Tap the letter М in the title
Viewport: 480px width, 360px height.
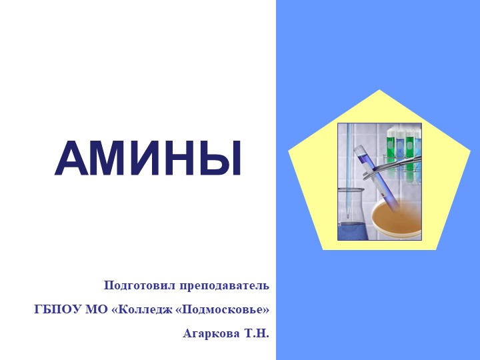(111, 160)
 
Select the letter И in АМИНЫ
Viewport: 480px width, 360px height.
(148, 160)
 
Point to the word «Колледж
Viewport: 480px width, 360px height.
(143, 309)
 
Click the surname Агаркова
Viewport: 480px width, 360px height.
(211, 333)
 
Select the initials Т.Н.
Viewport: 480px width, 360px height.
(255, 333)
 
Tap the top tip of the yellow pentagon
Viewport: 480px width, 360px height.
(379, 91)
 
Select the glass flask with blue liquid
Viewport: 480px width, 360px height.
(351, 217)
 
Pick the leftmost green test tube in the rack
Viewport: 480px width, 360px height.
(391, 150)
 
